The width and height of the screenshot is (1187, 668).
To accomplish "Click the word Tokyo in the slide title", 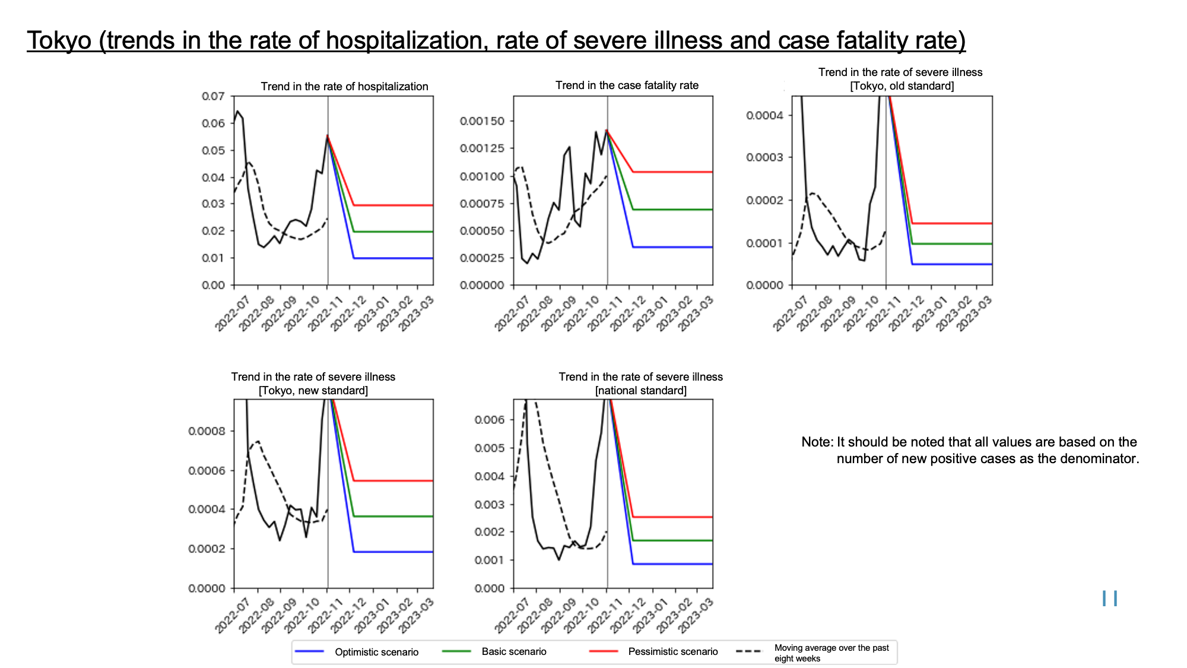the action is tap(59, 40).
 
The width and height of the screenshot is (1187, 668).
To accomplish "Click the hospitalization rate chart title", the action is tap(344, 86).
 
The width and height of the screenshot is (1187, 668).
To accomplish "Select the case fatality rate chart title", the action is tap(627, 85).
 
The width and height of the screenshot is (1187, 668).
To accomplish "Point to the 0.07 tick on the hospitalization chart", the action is tap(213, 96).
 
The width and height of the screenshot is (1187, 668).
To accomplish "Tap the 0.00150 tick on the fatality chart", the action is tap(482, 121).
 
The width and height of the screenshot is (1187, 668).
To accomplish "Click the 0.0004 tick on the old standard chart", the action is tap(765, 115).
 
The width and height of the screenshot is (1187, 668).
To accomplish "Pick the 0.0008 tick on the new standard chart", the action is tap(207, 431).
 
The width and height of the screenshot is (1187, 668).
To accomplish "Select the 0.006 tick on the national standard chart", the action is tap(490, 420).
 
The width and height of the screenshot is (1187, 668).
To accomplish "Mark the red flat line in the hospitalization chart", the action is tap(393, 205).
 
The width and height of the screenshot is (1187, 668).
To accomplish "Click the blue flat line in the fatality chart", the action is tap(673, 247).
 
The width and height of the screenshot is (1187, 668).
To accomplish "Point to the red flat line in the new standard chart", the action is tap(393, 481).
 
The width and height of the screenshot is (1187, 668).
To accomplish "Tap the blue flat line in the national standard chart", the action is tap(673, 564).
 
